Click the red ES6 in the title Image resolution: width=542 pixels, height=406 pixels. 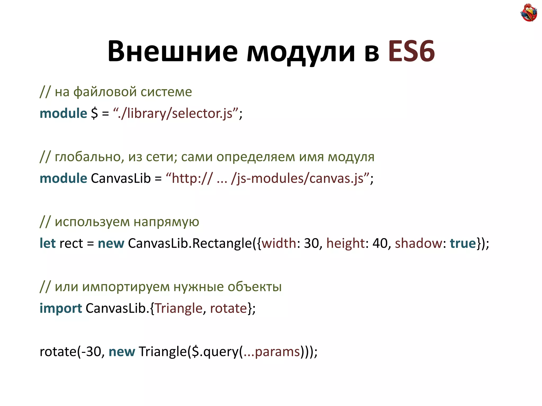pos(411,51)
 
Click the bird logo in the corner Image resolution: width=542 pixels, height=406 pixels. pos(529,12)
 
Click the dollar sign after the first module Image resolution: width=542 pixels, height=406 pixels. pos(94,114)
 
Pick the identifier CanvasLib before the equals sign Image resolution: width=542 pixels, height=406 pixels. pos(121,178)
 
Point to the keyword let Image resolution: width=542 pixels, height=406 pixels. pos(47,243)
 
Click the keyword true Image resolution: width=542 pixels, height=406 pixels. pos(463,243)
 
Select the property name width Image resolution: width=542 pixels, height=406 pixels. pos(279,243)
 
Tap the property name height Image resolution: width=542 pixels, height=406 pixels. pos(346,243)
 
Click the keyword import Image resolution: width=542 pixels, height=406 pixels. pos(61,308)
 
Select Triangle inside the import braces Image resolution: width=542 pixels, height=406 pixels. pos(178,308)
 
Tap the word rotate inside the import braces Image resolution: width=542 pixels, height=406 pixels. pos(228,308)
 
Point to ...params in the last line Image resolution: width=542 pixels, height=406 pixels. pos(272,352)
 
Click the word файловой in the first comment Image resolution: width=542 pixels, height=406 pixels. pos(105,92)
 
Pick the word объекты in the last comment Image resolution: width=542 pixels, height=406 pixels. pos(254,287)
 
